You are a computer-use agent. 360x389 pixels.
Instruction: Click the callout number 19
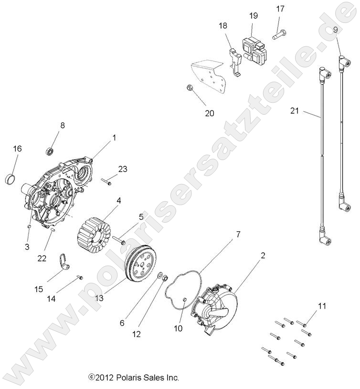pos(253,16)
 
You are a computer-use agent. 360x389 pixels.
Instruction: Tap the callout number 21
pos(295,111)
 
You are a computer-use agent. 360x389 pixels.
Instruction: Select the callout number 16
pos(17,149)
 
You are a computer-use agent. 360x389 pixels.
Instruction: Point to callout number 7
pos(237,234)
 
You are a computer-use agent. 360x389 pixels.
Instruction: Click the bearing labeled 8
pos(50,151)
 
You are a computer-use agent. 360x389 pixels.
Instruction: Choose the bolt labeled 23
pos(106,182)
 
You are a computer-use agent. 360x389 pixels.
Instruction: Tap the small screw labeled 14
pos(80,277)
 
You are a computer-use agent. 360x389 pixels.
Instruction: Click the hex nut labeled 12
pos(162,277)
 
